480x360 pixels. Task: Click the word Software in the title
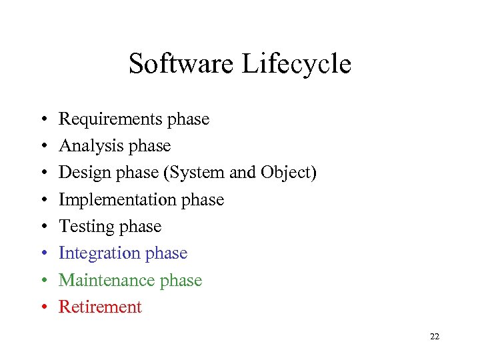coord(181,65)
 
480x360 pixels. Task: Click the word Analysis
coord(87,146)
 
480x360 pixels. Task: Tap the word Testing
coord(84,227)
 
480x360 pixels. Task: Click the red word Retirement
coord(101,307)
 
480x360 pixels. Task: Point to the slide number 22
coord(435,337)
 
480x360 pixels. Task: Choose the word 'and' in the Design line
coord(242,173)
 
